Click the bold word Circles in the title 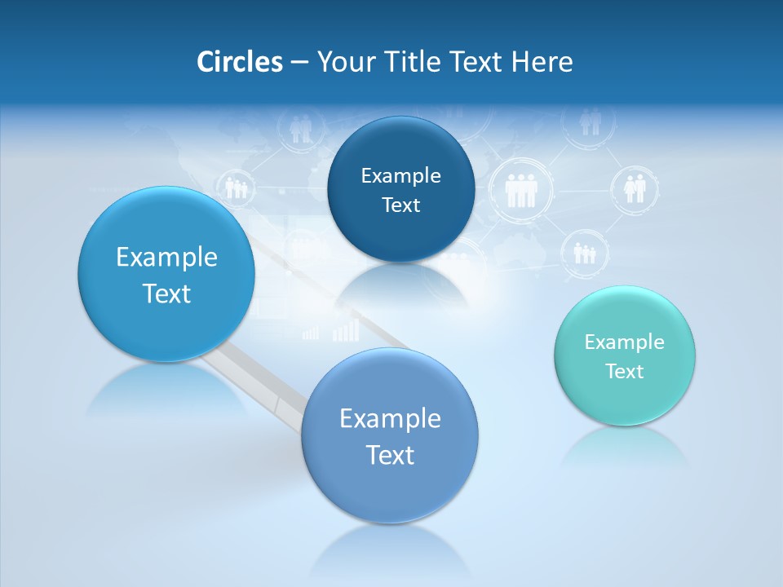tap(239, 62)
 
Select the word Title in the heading tap(411, 62)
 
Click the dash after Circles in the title tap(299, 63)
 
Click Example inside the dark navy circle tap(400, 176)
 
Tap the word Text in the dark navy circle tap(400, 205)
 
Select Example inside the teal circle tap(624, 342)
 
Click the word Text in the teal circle tap(625, 372)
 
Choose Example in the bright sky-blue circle tap(166, 258)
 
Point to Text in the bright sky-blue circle tap(166, 293)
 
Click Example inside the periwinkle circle tap(390, 419)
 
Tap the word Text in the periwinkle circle tap(390, 455)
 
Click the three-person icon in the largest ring tap(520, 191)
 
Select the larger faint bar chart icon tap(346, 329)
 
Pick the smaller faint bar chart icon tap(311, 333)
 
